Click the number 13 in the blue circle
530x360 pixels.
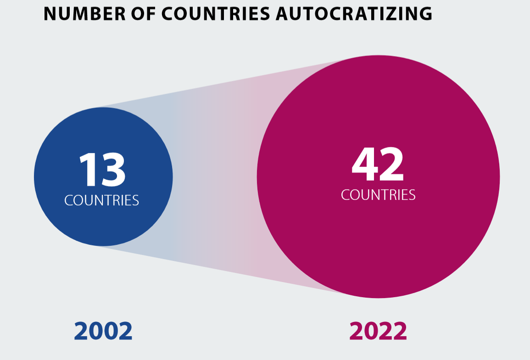[x=102, y=170]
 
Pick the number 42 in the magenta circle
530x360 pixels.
[x=378, y=165]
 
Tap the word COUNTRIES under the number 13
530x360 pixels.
[x=102, y=200]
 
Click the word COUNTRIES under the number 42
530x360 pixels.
[x=378, y=195]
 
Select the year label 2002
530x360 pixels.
[x=103, y=331]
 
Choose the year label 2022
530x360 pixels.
[x=378, y=331]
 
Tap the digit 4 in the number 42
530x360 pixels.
[x=364, y=165]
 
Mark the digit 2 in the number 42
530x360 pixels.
[x=392, y=165]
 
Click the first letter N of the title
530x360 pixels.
[x=50, y=14]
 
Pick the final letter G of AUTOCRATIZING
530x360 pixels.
[x=425, y=14]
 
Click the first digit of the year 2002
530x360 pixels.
[x=81, y=331]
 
